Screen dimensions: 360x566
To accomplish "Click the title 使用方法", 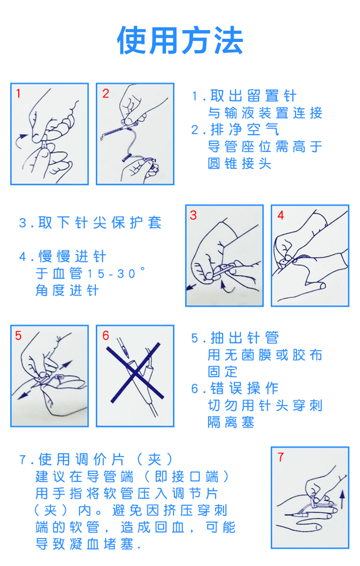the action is (x=180, y=40).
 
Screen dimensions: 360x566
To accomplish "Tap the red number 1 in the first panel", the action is (x=18, y=94).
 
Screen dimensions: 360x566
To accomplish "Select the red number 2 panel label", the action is (x=106, y=94).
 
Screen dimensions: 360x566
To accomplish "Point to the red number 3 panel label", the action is (x=193, y=215).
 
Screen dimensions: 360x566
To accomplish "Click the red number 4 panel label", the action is (x=281, y=215).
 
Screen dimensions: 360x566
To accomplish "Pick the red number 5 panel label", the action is (x=18, y=336).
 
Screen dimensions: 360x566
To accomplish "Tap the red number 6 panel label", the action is (x=106, y=336).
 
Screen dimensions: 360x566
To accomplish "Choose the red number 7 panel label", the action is (x=281, y=457).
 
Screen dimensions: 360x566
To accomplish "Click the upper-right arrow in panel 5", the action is (x=66, y=364).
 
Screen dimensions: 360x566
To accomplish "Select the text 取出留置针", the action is (x=253, y=96).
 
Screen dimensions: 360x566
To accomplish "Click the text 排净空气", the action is (x=244, y=130).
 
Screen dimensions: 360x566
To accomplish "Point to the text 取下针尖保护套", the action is (x=100, y=223).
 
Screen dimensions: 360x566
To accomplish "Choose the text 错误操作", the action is (x=244, y=389).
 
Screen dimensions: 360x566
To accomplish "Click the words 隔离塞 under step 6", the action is (x=231, y=422).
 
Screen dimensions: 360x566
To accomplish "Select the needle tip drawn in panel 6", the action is (x=128, y=357).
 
